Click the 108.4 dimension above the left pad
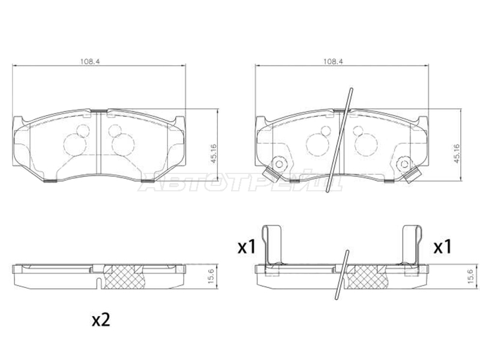click(91, 61)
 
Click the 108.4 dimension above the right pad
click(334, 61)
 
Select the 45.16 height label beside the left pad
click(214, 154)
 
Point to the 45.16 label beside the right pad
click(457, 154)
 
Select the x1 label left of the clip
click(247, 247)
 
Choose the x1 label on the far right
click(442, 247)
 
